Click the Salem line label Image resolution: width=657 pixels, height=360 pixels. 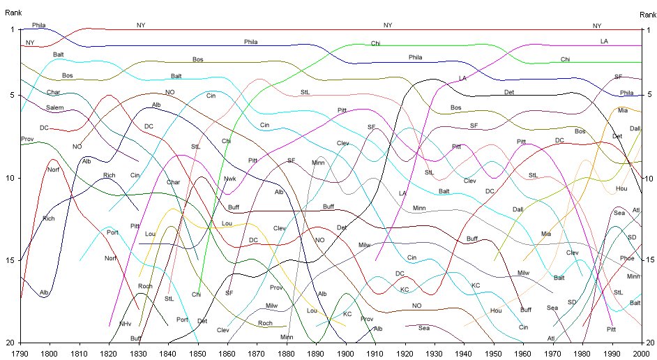[x=54, y=107]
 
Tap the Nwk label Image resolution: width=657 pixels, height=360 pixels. [x=229, y=179]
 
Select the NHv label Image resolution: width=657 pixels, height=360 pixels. [x=125, y=324]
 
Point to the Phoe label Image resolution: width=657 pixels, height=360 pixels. [x=627, y=258]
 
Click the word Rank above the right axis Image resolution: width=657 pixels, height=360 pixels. [x=647, y=15]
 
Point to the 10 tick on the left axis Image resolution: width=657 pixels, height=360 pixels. [x=12, y=178]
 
